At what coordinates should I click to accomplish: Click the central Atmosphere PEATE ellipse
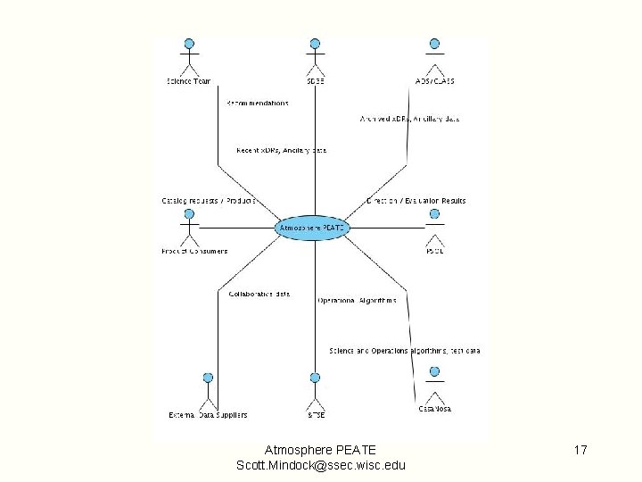[312, 229]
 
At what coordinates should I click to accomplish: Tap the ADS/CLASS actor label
[434, 81]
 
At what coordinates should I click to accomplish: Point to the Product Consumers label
[194, 251]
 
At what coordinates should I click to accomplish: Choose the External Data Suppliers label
[208, 415]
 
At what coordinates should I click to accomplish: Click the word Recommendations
[258, 104]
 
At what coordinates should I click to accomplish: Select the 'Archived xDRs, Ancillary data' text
[409, 119]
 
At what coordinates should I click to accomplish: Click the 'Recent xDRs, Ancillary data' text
[281, 150]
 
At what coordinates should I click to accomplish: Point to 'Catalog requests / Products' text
[209, 201]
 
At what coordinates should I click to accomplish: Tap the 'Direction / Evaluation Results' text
[416, 201]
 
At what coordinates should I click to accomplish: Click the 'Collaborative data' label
[259, 294]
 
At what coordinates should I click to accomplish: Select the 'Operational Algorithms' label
[357, 300]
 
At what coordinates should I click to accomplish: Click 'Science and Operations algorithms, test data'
[405, 351]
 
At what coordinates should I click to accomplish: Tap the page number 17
[580, 450]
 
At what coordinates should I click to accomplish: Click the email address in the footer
[321, 465]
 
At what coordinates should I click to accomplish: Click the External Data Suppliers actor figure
[208, 390]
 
